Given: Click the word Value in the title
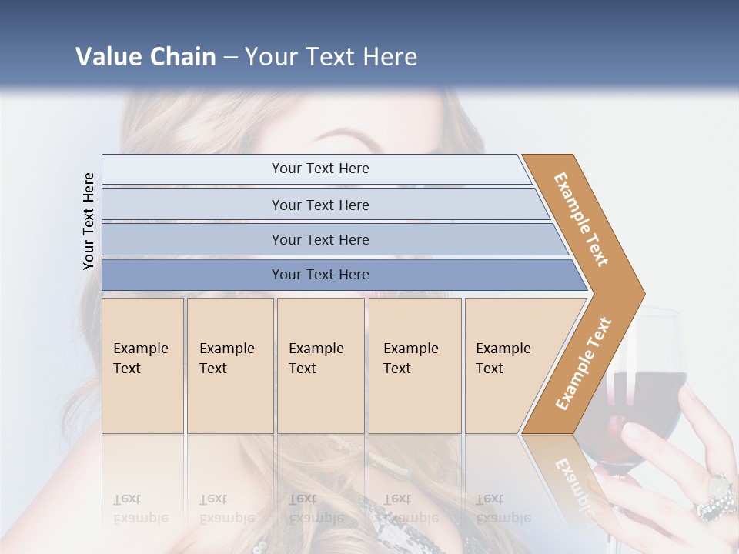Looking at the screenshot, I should click(107, 57).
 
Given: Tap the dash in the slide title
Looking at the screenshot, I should click(231, 58).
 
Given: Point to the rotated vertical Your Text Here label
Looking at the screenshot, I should click(89, 222).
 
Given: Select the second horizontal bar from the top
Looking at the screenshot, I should click(319, 205).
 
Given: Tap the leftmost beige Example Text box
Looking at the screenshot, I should click(142, 365).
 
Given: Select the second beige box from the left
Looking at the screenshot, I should click(229, 365).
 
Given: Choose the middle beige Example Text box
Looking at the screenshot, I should click(320, 365).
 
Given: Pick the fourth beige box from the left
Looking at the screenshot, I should click(415, 365).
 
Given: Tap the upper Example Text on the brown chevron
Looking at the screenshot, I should click(581, 219).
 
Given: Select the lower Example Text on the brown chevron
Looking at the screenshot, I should click(584, 363).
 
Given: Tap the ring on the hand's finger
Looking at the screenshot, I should click(716, 499).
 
